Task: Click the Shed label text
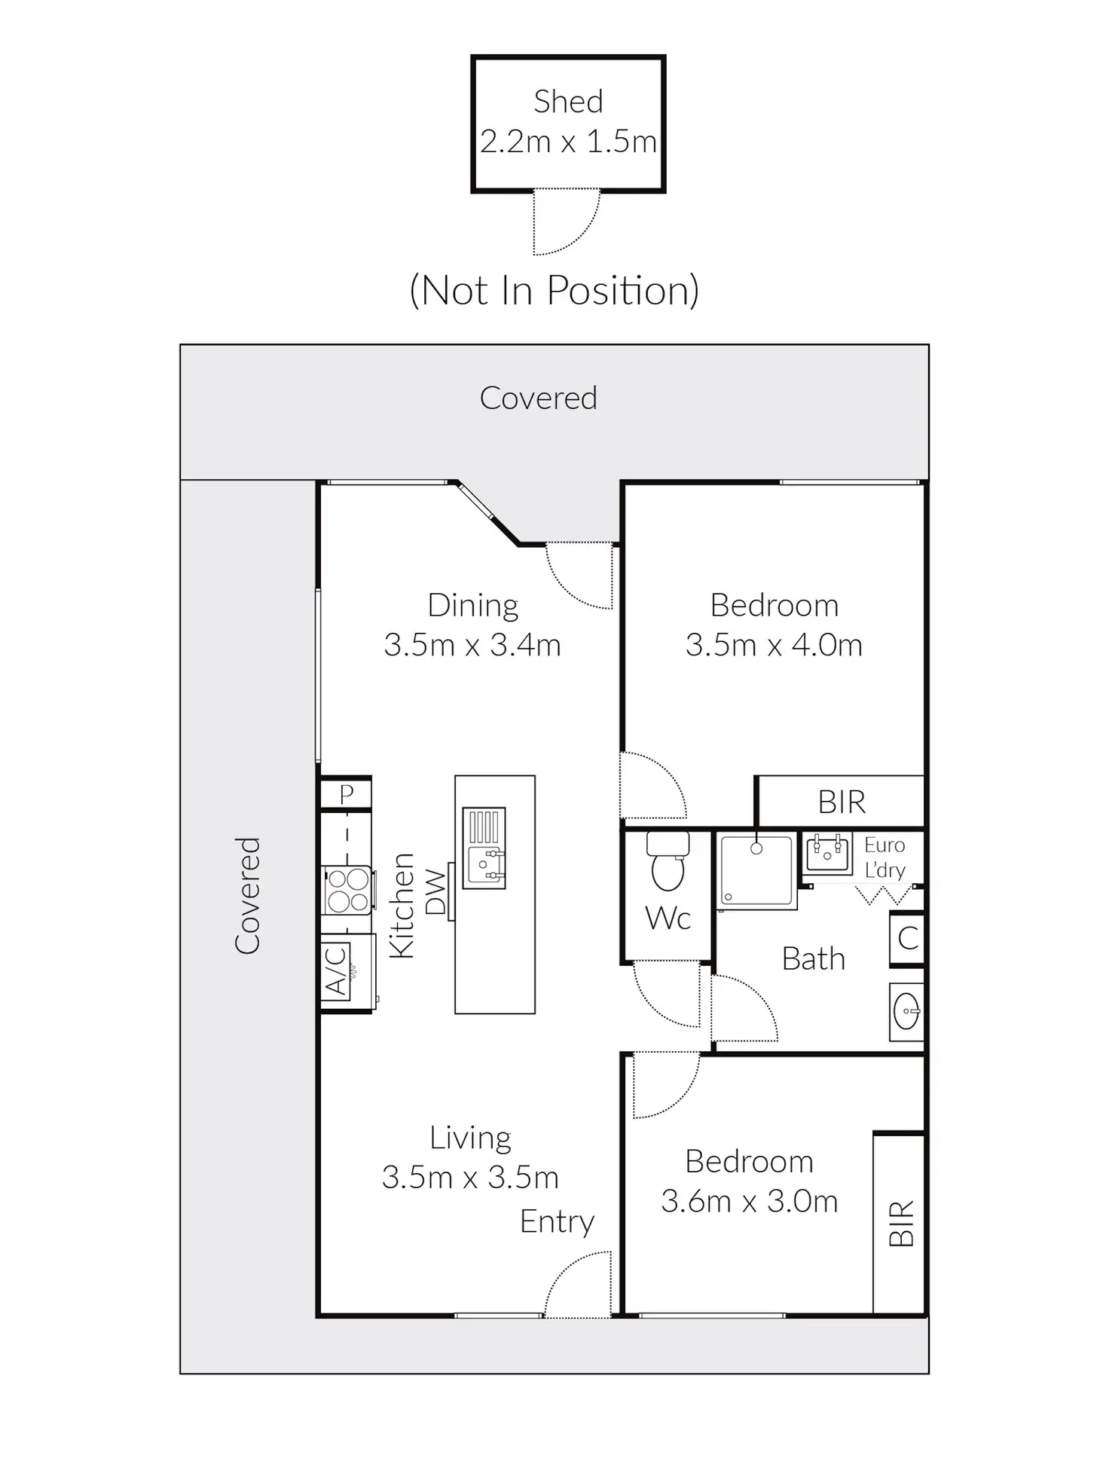(568, 102)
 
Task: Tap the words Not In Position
(554, 290)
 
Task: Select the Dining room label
(472, 605)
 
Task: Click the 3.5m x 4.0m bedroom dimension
(774, 645)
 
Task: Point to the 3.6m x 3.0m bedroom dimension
(749, 1201)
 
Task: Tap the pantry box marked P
(346, 794)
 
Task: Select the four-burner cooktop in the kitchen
(347, 890)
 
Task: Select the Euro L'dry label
(884, 857)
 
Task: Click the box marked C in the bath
(908, 938)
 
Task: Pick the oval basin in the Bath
(906, 1011)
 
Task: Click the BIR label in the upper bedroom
(842, 802)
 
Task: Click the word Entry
(557, 1221)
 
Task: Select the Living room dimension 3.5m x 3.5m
(470, 1177)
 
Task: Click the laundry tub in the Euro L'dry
(827, 852)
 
